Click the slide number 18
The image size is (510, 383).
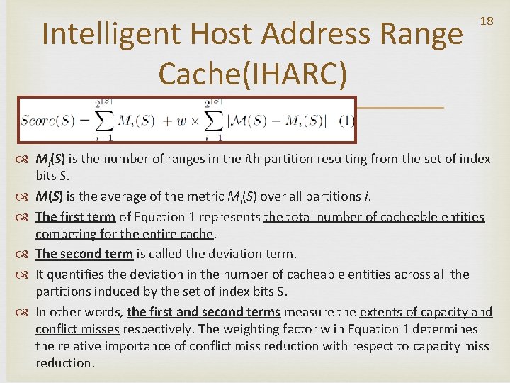click(x=487, y=21)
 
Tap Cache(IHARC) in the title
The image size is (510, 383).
click(x=253, y=73)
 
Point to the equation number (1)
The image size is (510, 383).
click(x=346, y=121)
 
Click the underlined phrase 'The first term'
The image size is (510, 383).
click(x=76, y=217)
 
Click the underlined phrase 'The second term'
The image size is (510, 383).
click(x=84, y=254)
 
